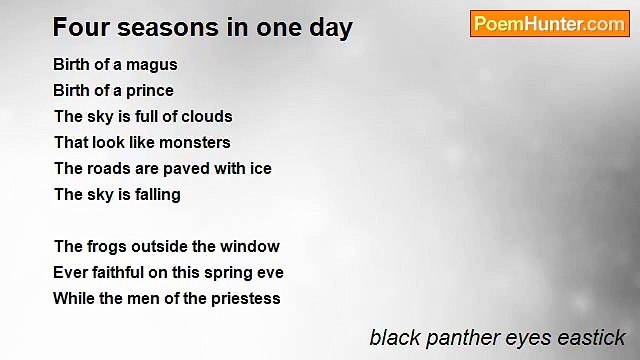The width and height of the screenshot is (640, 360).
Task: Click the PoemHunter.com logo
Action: (x=549, y=24)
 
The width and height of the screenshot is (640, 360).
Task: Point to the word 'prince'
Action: (x=149, y=91)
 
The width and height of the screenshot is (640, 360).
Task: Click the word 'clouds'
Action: (x=207, y=117)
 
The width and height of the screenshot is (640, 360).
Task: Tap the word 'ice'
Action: (x=259, y=169)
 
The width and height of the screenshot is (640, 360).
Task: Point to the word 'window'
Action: (x=251, y=247)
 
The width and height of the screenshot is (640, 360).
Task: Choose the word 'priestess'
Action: (x=243, y=299)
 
